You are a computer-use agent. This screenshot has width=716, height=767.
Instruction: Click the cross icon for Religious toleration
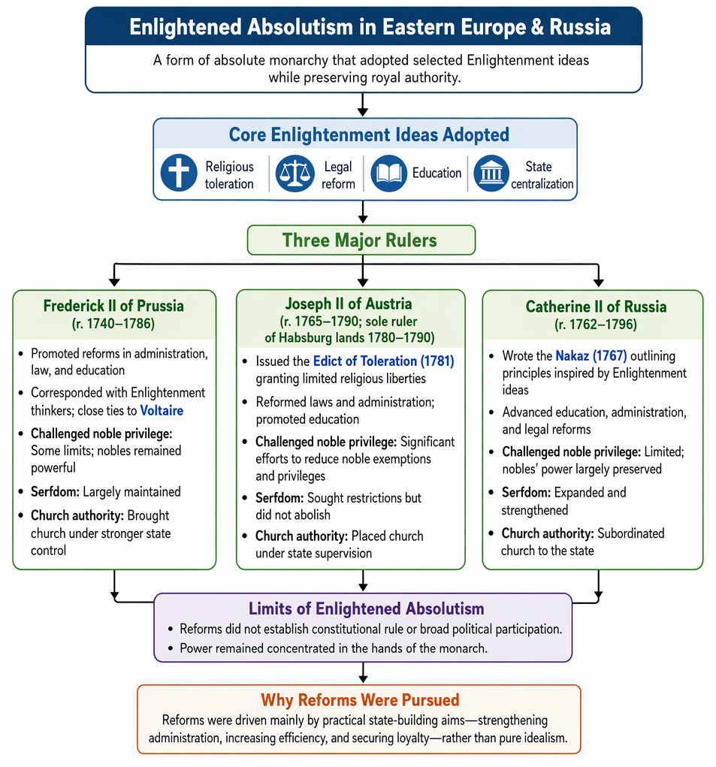179,173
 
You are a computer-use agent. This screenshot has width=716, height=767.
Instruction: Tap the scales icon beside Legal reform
295,174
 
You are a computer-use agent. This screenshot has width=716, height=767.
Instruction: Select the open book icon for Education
389,174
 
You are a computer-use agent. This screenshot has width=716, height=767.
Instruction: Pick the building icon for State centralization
491,174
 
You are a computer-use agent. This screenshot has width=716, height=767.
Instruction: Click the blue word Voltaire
162,410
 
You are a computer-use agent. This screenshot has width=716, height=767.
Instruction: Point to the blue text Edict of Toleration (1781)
383,361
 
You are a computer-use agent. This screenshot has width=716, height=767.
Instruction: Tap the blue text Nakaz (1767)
591,355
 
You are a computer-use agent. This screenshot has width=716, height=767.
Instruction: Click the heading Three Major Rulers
359,240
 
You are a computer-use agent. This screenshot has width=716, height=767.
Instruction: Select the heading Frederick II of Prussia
113,306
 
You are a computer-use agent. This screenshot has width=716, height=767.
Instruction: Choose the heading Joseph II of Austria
349,303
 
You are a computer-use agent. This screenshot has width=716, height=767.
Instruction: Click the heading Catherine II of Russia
597,306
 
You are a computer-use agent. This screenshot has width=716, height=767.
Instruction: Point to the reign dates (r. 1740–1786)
113,324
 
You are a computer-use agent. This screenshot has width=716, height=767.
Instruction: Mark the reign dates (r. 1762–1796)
596,325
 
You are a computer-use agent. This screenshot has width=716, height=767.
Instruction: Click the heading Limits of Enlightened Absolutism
367,608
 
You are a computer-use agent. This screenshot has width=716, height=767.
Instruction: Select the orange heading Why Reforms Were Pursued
360,700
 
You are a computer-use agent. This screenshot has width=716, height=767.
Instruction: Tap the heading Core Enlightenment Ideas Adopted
369,134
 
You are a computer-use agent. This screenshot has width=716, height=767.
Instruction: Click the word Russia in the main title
580,27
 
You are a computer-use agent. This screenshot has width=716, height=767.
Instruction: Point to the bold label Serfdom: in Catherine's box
526,492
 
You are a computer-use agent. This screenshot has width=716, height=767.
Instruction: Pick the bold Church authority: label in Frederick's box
77,515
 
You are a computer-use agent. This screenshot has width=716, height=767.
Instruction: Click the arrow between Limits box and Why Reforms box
362,672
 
